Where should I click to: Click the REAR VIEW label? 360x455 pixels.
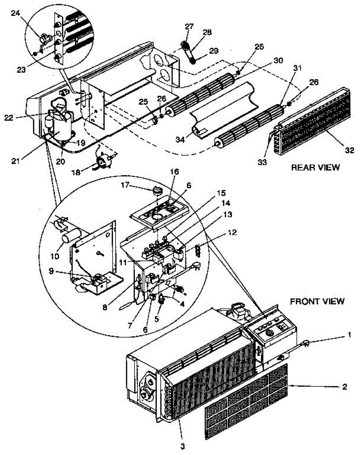[x=315, y=168]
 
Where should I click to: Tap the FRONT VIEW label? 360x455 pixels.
[x=317, y=301]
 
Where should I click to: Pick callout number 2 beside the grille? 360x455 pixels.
[x=344, y=387]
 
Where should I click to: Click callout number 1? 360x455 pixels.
[x=349, y=334]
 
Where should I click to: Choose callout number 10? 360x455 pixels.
[x=55, y=256]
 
